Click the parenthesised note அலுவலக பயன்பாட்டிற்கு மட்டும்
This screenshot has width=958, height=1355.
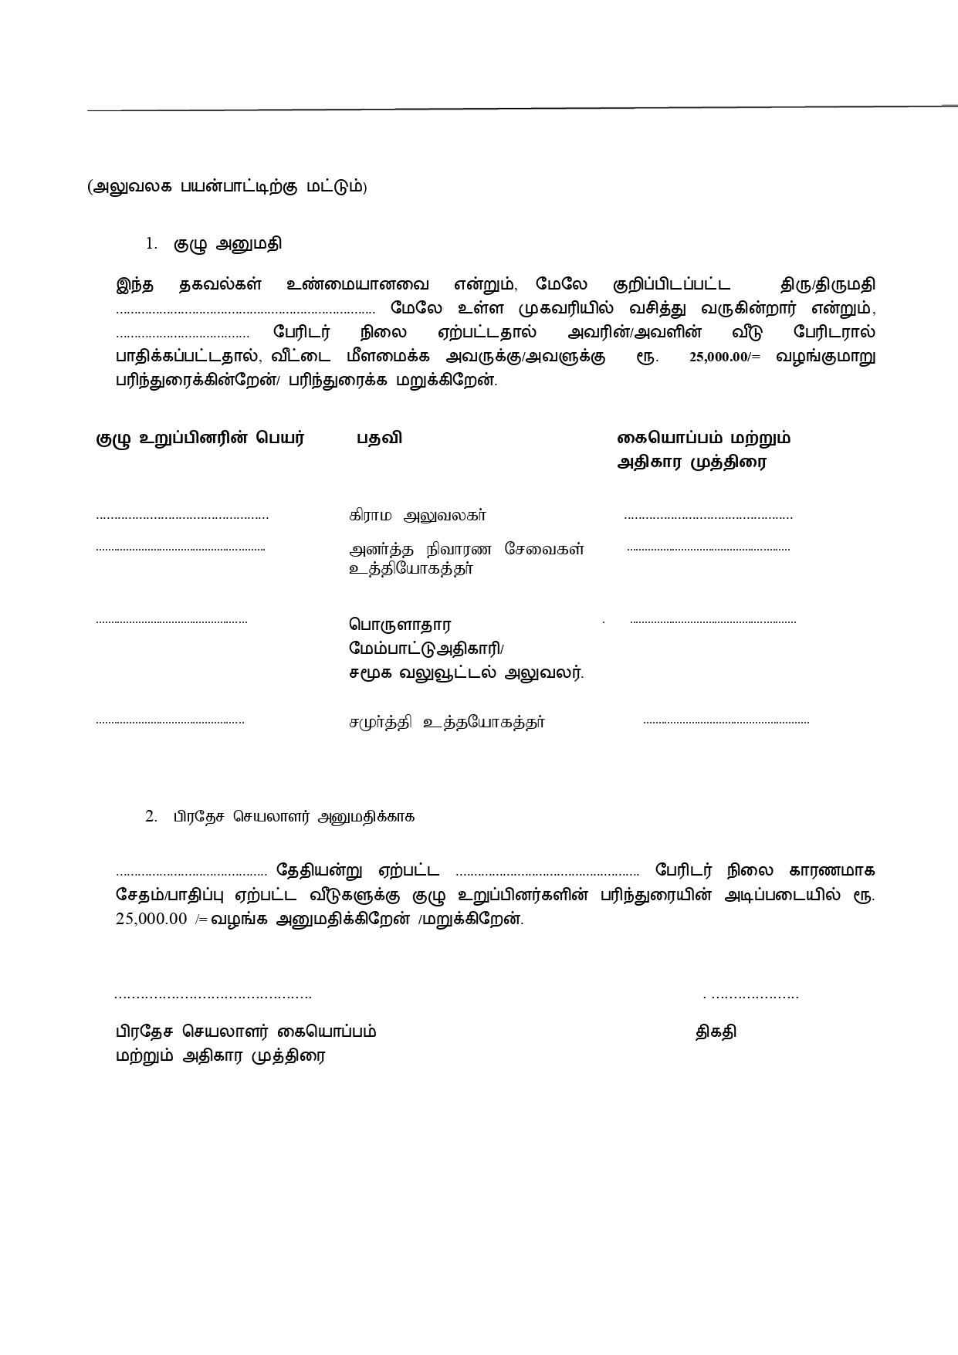pyautogui.click(x=227, y=187)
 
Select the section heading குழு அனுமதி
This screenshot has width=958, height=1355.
pyautogui.click(x=227, y=244)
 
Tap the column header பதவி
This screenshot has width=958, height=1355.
pyautogui.click(x=378, y=439)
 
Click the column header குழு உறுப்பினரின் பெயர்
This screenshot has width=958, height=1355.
pyautogui.click(x=200, y=439)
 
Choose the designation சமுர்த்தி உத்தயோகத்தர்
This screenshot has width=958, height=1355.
pyautogui.click(x=446, y=723)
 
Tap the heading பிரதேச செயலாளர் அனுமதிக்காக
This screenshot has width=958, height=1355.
pyautogui.click(x=293, y=817)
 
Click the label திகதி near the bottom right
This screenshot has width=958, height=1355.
pyautogui.click(x=716, y=1031)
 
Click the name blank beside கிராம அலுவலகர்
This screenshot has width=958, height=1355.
pyautogui.click(x=182, y=517)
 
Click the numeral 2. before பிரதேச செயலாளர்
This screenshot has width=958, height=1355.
pyautogui.click(x=151, y=816)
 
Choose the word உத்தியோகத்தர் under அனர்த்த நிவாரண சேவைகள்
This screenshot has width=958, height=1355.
pyautogui.click(x=411, y=570)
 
